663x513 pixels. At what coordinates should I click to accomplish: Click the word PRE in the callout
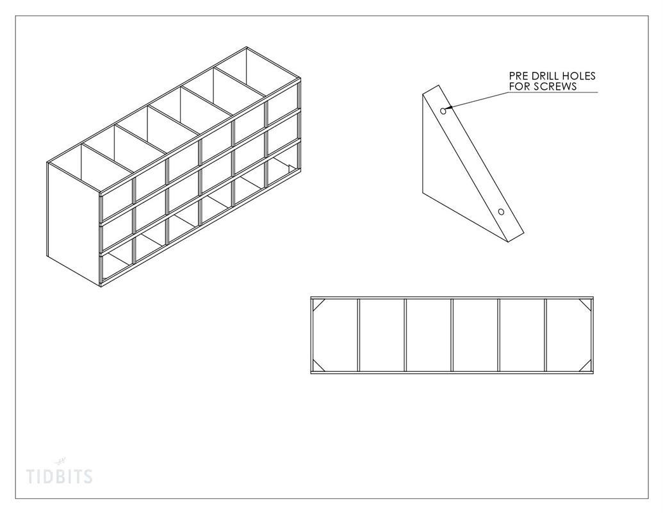518,76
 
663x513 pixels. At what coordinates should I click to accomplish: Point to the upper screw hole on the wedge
443,111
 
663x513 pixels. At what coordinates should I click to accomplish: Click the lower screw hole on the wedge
501,212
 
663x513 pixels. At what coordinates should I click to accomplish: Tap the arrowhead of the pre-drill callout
448,108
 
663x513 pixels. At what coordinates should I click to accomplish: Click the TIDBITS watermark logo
59,473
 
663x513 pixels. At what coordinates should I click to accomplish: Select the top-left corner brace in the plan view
318,305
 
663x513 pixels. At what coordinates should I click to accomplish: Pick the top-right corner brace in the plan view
585,305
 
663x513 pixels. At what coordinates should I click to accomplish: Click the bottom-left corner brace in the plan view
318,366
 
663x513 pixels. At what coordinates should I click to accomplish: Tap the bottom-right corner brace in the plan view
585,366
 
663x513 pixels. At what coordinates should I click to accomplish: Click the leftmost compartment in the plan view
335,335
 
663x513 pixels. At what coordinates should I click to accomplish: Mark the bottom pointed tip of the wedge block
508,241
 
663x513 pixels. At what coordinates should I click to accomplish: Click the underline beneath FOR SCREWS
553,92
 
